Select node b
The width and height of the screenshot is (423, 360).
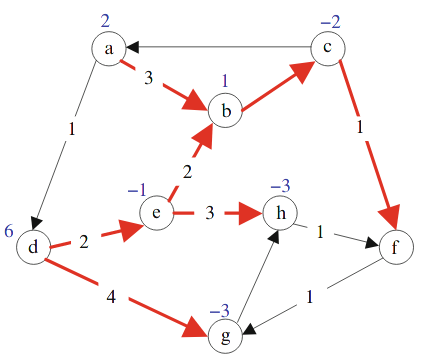click(x=227, y=110)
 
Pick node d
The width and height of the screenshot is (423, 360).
click(x=33, y=246)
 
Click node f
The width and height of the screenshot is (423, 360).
click(x=397, y=247)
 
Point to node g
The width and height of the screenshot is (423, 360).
click(x=227, y=335)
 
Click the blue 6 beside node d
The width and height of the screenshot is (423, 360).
click(x=9, y=232)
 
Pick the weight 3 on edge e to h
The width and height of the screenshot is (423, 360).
click(x=209, y=213)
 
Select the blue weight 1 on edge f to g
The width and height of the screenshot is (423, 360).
click(x=309, y=296)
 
